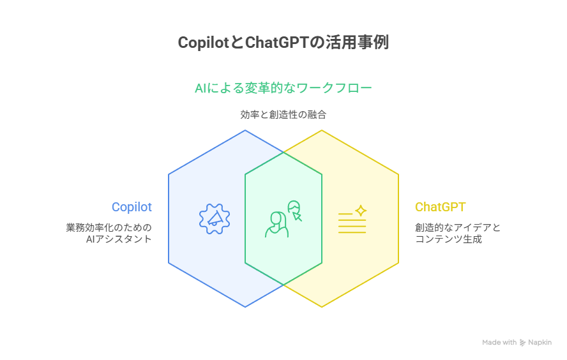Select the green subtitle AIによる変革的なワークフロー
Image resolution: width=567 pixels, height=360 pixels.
[283, 88]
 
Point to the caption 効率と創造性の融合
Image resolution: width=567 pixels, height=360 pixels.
[283, 115]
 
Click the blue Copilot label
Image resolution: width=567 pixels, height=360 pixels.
[132, 207]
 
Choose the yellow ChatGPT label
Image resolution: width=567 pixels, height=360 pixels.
[440, 207]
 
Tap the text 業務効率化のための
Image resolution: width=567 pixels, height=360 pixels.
[109, 227]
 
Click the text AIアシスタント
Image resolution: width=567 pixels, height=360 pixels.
[119, 239]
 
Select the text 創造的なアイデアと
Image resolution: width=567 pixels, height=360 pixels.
[458, 227]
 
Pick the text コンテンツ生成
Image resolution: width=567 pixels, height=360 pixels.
[448, 239]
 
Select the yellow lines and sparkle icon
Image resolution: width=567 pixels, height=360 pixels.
[352, 219]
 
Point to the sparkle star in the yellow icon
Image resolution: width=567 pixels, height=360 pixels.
[361, 210]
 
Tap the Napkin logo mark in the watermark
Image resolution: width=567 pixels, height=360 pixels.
[523, 343]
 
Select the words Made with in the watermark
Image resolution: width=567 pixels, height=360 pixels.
[499, 343]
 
